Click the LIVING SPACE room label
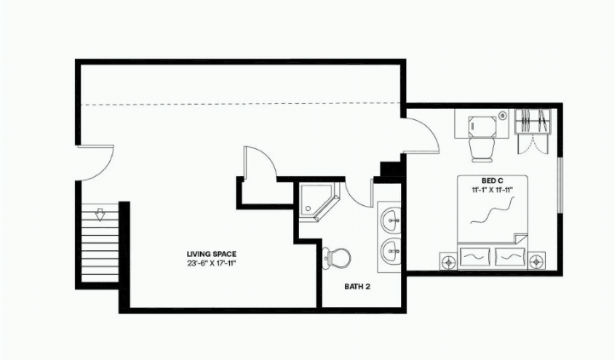[x=211, y=254]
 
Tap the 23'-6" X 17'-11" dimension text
[x=211, y=263]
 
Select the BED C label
[x=492, y=180]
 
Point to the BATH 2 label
[x=357, y=287]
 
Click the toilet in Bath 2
[x=336, y=257]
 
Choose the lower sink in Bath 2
[x=391, y=251]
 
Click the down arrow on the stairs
[x=100, y=215]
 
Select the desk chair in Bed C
[x=482, y=150]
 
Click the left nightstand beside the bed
[x=448, y=261]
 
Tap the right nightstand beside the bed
[x=537, y=261]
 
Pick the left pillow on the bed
[x=474, y=257]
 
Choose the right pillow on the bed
[x=509, y=257]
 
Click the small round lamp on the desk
[x=502, y=115]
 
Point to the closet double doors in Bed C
[x=532, y=144]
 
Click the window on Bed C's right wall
[x=560, y=185]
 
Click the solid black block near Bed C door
[x=391, y=169]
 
